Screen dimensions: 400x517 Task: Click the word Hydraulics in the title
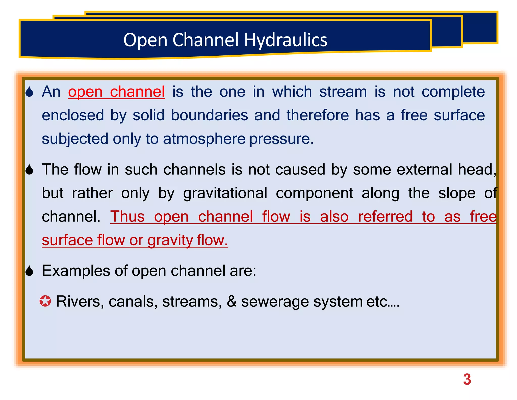[x=286, y=40]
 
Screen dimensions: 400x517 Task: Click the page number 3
[x=467, y=380]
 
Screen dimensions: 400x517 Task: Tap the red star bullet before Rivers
[x=45, y=301]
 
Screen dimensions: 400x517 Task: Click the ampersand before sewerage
[x=231, y=301]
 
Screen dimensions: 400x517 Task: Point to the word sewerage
[x=275, y=302]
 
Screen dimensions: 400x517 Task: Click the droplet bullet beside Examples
[x=30, y=271]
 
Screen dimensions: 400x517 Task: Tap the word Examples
[x=76, y=271]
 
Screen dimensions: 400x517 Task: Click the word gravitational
[x=225, y=193]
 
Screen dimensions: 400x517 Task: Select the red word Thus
[x=127, y=217]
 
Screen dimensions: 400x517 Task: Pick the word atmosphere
[x=204, y=139]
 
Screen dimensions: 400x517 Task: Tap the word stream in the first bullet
[x=343, y=92]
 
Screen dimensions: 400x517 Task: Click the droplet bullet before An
[x=30, y=92]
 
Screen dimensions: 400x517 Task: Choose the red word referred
[x=385, y=217]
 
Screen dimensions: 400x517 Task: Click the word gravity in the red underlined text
[x=170, y=240]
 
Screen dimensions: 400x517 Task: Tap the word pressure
[x=281, y=139]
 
